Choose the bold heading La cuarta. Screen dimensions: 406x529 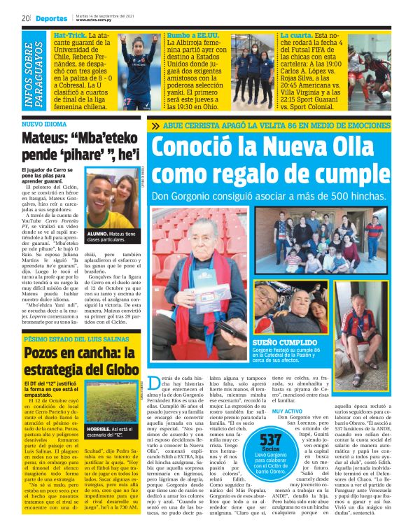click(295, 34)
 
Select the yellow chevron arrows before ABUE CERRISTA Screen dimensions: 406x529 click(155, 126)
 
